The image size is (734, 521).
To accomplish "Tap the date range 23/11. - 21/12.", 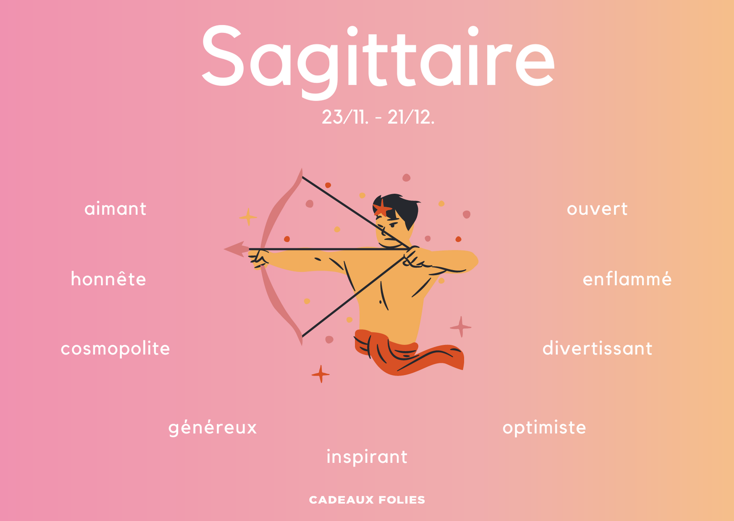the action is (x=378, y=117).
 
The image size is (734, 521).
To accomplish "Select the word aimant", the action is (x=116, y=209).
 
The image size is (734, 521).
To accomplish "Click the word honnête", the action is (x=108, y=279).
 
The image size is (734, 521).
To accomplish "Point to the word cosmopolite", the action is (x=115, y=349).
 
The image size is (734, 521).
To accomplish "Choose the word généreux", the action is (x=213, y=428).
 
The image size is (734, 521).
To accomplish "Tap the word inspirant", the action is (x=367, y=457).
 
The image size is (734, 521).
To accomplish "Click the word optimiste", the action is (x=544, y=428).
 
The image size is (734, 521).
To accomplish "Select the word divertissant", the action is (x=597, y=348).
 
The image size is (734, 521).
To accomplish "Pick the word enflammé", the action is (x=627, y=279).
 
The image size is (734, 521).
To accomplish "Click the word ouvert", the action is (x=597, y=209).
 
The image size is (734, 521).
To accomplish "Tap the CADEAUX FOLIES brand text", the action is (x=367, y=500).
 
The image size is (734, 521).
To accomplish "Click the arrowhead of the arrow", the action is (x=237, y=249).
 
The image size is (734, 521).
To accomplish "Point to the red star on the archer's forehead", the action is (x=382, y=208).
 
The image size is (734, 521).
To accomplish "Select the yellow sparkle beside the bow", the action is (x=248, y=217).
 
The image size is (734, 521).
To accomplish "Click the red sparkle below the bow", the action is (x=321, y=374).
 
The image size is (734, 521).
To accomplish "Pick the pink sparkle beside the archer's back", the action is (x=461, y=326).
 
